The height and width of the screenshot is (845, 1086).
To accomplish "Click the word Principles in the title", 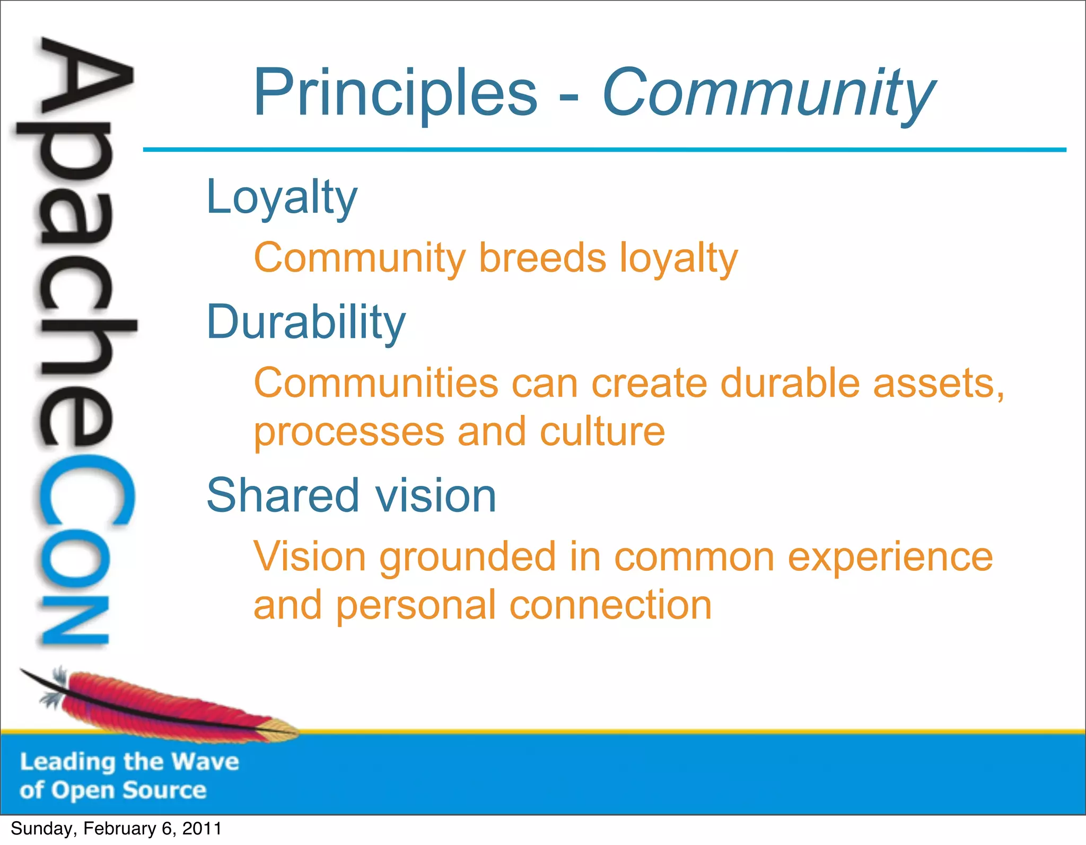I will point(395,93).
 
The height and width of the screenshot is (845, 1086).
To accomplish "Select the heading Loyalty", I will point(282,197).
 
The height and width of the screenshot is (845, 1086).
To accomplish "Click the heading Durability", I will point(306,323).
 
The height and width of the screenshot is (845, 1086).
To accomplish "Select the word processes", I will point(349,432).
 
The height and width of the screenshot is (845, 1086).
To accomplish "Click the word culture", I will point(602,432).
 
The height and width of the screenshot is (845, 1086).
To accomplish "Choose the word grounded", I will point(467,557).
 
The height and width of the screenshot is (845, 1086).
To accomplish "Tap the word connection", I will point(610,605).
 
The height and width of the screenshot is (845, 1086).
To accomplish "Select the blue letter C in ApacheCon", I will point(85,491).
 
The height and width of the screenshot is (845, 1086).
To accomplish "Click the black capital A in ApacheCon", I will point(85,80).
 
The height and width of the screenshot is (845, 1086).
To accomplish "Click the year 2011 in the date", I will point(202,829).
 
